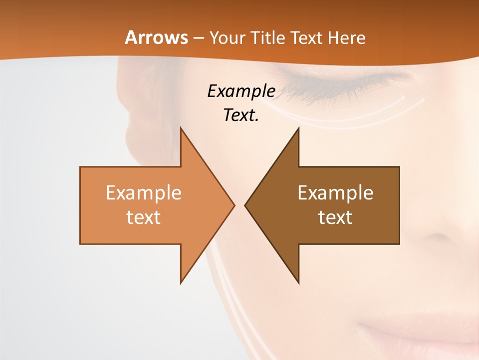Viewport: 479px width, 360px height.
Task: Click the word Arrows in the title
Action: tap(156, 37)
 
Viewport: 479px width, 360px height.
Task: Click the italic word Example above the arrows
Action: tap(241, 91)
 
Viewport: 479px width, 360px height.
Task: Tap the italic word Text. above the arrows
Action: tap(241, 115)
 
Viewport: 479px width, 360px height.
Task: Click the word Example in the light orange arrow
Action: tap(144, 193)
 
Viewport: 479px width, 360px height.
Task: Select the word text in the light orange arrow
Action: tap(144, 217)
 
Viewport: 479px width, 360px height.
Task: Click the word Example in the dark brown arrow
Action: tap(335, 193)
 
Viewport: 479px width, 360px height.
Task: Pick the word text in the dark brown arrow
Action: tap(335, 217)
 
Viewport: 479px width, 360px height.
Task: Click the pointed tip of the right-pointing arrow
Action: tap(234, 204)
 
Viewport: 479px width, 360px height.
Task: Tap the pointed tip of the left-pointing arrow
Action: tap(245, 204)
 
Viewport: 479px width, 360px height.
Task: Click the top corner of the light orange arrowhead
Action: tap(181, 128)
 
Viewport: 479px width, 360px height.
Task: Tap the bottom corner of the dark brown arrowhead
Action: tap(298, 283)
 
